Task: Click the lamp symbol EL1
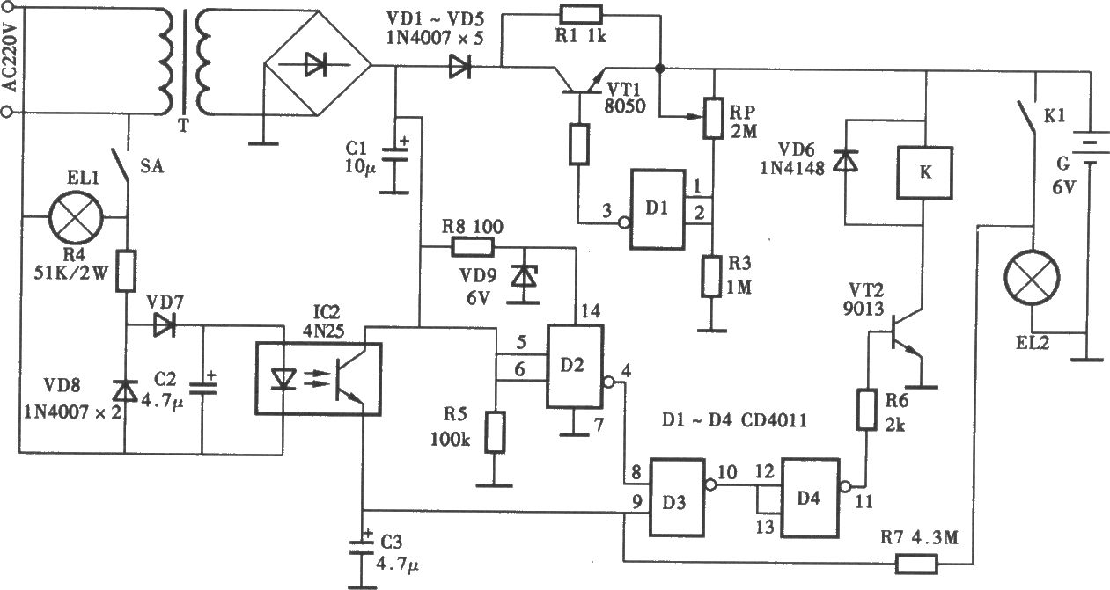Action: (x=76, y=217)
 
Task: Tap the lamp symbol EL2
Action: (x=1032, y=278)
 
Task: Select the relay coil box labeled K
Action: (x=924, y=172)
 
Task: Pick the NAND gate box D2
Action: (x=575, y=367)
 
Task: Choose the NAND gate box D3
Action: (x=677, y=498)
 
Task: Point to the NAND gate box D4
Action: (x=810, y=498)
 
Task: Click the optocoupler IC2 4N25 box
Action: (x=319, y=379)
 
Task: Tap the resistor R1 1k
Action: (x=581, y=15)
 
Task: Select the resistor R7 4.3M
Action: (x=916, y=565)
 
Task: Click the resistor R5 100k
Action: (x=495, y=432)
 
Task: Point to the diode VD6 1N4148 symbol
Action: (x=845, y=161)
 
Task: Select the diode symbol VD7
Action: (x=164, y=325)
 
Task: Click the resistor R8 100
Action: (x=472, y=247)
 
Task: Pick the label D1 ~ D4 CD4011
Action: (x=735, y=420)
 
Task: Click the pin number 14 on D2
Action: (x=591, y=311)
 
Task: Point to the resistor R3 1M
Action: (x=711, y=276)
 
